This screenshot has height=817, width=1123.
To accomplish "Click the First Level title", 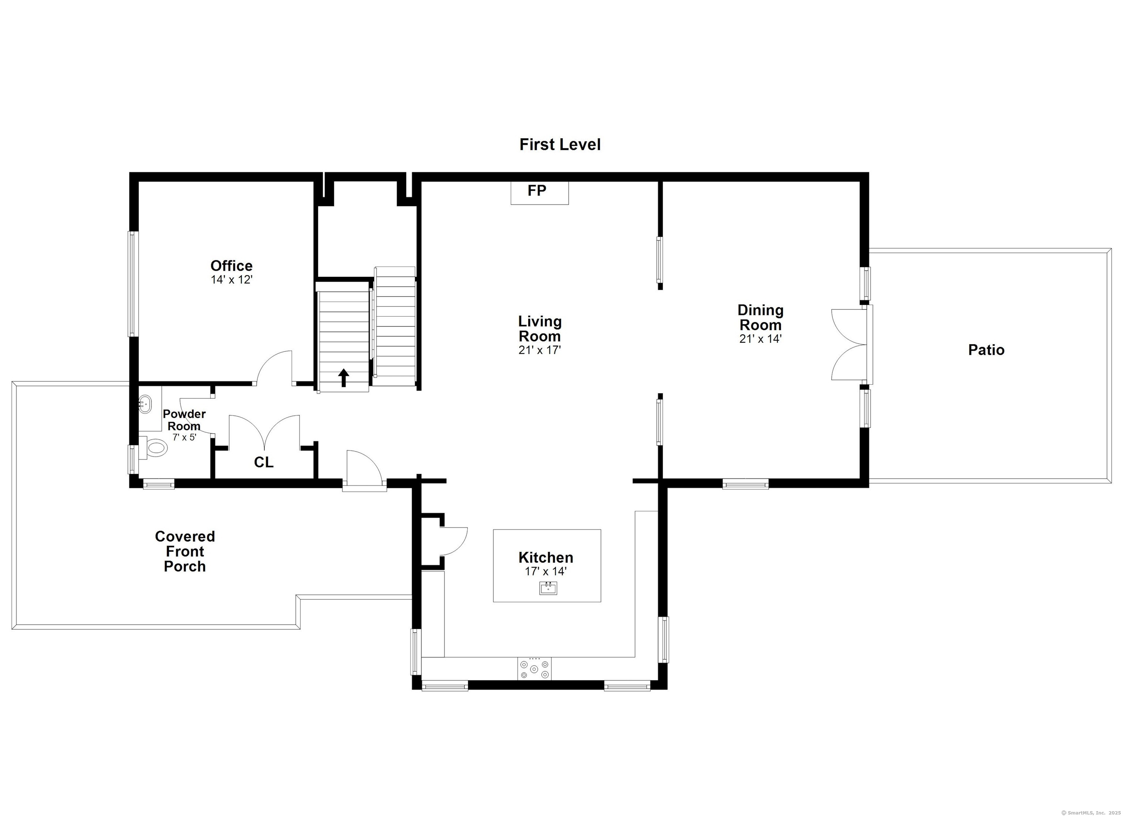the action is click(560, 145).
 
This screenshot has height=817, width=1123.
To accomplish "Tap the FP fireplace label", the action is click(537, 191).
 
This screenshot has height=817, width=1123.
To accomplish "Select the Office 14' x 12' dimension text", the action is click(232, 280).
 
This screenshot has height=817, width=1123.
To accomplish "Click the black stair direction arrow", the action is click(343, 377).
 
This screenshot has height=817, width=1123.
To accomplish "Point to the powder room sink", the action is click(145, 404).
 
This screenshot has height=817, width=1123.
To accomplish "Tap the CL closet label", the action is click(264, 462).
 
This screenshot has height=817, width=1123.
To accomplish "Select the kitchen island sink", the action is click(548, 588).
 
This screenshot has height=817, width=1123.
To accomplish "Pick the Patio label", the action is click(986, 350).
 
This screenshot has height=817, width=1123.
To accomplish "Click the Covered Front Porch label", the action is click(185, 551).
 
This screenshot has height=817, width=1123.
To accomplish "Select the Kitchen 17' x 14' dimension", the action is click(546, 571).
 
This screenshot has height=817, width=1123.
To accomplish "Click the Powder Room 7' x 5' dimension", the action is click(184, 437).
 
